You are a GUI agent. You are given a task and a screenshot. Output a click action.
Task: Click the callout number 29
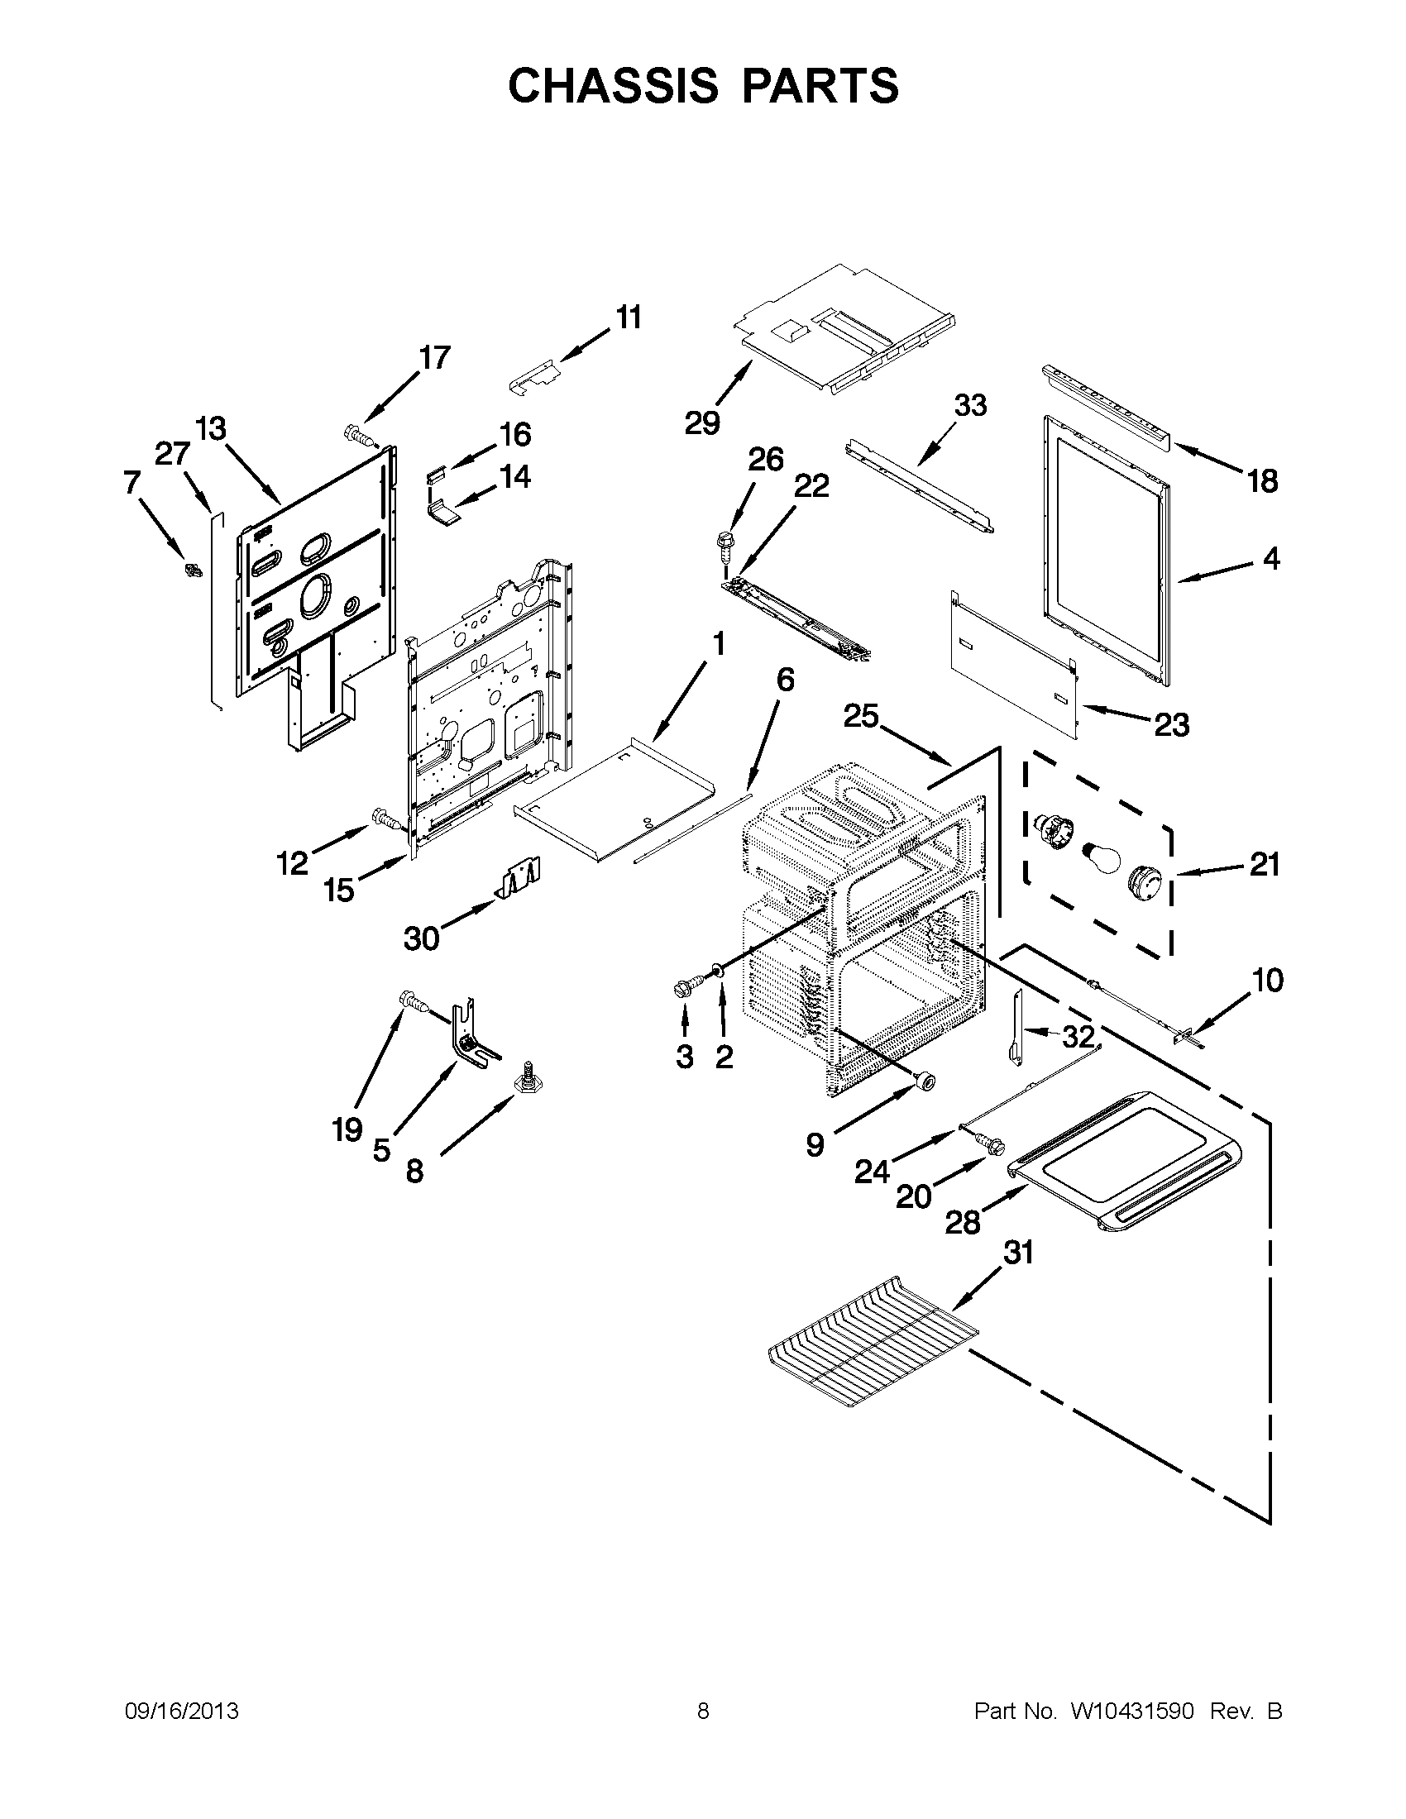coord(702,423)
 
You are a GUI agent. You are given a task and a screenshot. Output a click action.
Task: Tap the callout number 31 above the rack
coord(1017,1275)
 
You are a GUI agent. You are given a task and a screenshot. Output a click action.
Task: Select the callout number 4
coord(1270,558)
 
